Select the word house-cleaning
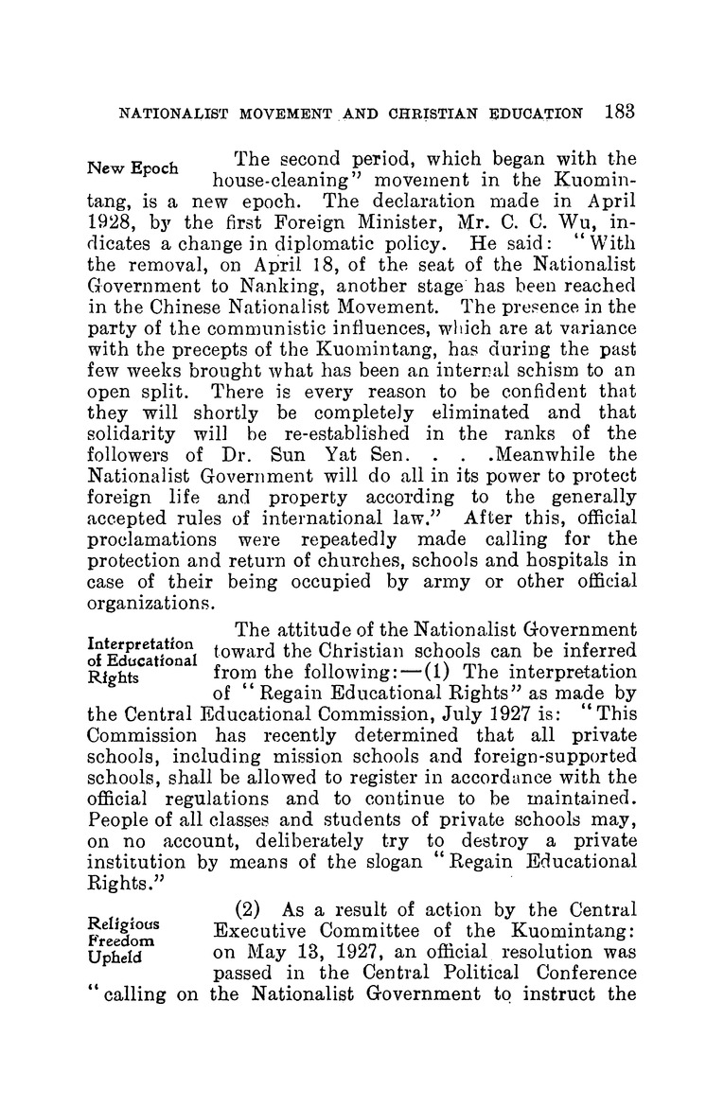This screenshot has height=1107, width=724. [x=264, y=197]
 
